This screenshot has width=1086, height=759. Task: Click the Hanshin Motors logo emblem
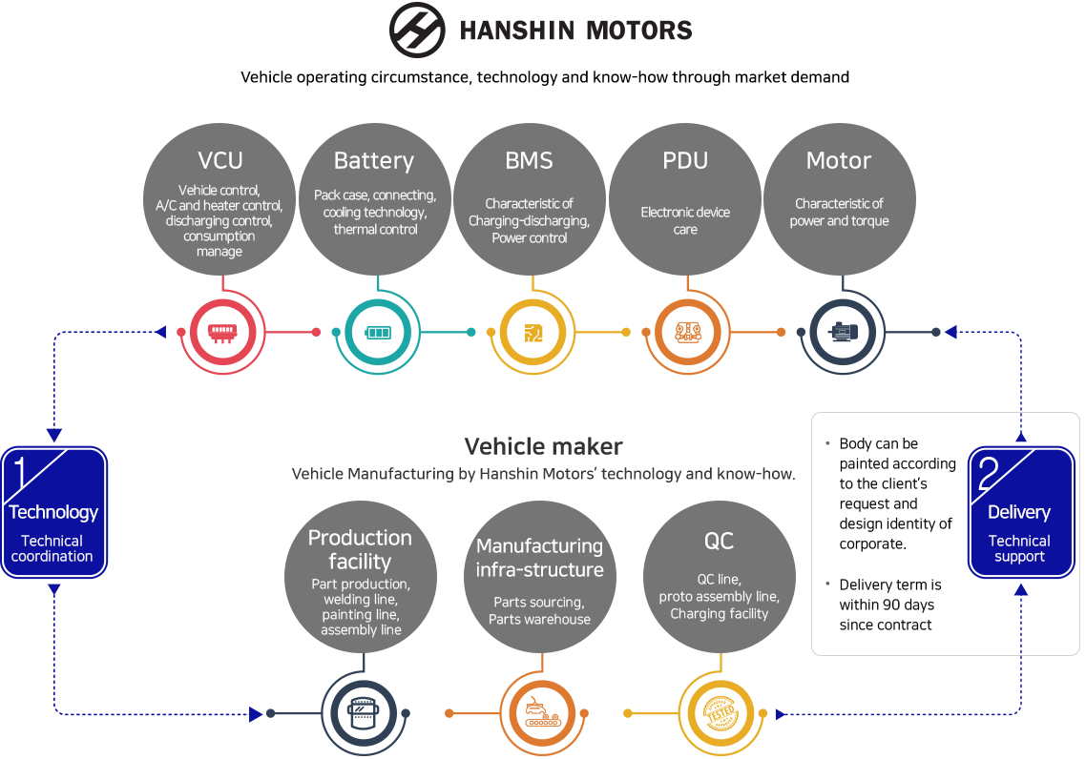pos(418,30)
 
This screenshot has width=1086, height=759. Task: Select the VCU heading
pos(220,160)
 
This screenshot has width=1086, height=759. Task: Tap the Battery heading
pos(374,160)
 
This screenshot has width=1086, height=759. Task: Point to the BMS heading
pos(529,160)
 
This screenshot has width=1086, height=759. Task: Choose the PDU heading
pos(685,160)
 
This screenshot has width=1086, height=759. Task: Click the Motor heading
pos(839,160)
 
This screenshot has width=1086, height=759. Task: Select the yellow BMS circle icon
pos(532,333)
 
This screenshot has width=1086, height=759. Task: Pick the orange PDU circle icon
pos(686,333)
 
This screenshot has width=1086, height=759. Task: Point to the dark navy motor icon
pos(841,333)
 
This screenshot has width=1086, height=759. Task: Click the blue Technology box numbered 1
pos(53,513)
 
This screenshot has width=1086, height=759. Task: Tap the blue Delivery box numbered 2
pos(1019,513)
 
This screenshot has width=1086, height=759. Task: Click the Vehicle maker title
pos(543,446)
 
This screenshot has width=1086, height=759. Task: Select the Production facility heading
pos(360,549)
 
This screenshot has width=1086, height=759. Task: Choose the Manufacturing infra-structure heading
pos(539,558)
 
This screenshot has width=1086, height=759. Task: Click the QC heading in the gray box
pos(719,541)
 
